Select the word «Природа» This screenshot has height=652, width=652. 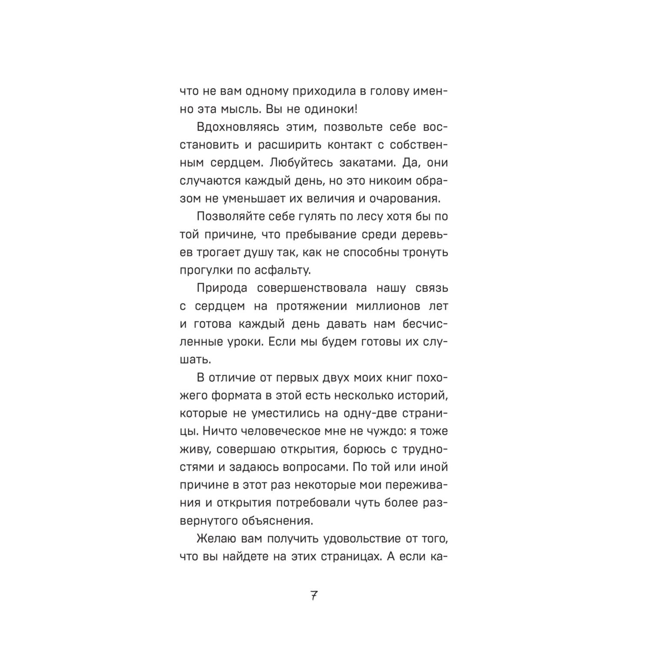pyautogui.click(x=222, y=288)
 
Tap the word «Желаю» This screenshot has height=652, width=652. pyautogui.click(x=216, y=539)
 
